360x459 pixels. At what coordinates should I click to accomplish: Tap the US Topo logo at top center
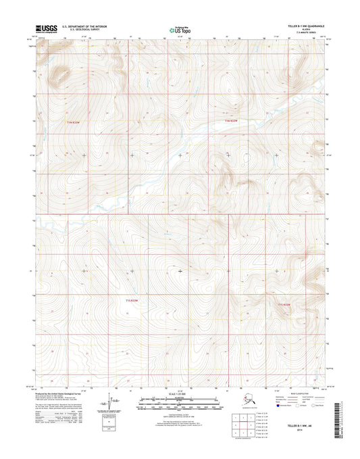(179, 30)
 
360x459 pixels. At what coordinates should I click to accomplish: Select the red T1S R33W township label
(132, 298)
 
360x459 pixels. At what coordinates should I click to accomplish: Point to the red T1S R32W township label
(284, 306)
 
